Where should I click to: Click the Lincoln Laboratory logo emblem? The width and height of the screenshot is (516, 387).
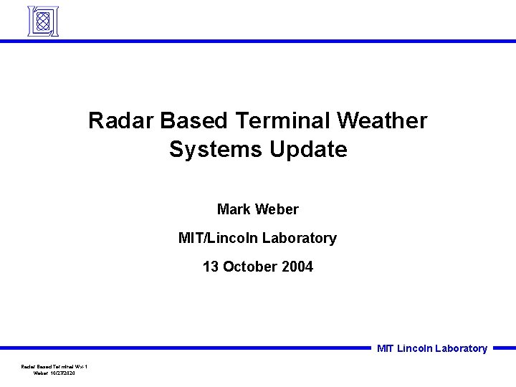(42, 21)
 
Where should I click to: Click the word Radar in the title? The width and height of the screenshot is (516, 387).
(115, 120)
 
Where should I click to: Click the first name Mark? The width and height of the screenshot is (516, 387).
(233, 209)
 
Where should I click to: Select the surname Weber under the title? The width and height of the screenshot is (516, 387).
(276, 209)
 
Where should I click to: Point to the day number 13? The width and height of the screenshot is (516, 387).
(211, 267)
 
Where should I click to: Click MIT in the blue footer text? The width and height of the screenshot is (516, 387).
(386, 349)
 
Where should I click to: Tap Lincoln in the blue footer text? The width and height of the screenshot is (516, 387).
(414, 349)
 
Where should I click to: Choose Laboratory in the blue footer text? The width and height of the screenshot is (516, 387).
(461, 349)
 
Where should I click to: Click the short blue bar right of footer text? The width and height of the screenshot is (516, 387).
(504, 348)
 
